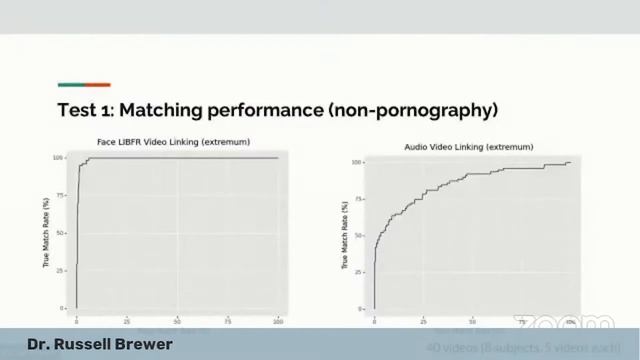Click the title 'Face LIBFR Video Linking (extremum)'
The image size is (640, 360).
pos(173,142)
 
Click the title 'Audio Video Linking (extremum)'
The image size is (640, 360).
pos(458,147)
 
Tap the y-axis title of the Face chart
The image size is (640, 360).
pos(46,232)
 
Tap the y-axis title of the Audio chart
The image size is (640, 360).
pos(345,235)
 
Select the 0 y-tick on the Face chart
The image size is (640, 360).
pos(62,308)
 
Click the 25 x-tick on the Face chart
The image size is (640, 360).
pos(127,321)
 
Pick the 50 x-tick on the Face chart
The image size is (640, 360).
pos(177,321)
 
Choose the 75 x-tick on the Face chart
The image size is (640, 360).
pos(227,321)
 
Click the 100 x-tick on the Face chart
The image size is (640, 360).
pos(277,321)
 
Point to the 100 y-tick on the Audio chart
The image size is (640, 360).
pos(357,162)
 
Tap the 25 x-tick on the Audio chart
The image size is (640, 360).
pos(424,321)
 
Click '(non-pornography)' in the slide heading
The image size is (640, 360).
pos(412,109)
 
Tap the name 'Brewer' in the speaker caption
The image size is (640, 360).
pos(141,345)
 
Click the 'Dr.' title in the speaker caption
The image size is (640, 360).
pos(39,345)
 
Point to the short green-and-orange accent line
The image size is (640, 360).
pos(84,85)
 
